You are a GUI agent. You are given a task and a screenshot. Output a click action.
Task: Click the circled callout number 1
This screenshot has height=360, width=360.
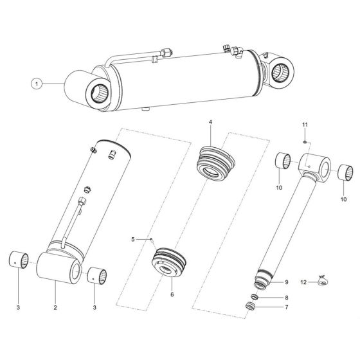[37, 84]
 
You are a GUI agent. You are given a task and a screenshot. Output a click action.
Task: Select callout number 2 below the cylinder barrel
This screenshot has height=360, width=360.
[56, 307]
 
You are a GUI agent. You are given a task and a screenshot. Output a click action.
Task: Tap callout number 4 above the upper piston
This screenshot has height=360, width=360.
[210, 122]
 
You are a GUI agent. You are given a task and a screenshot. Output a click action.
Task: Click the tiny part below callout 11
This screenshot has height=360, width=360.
[305, 136]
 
